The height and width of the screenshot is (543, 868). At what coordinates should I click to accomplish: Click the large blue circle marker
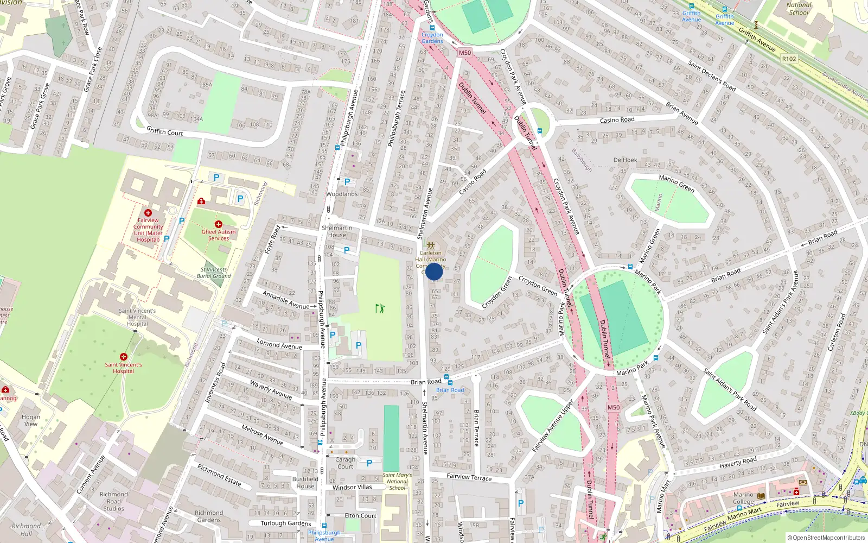point(434,271)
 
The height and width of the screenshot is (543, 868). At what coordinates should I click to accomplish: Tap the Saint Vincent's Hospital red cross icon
point(124,357)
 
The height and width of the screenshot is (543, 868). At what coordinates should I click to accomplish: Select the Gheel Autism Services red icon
point(219,224)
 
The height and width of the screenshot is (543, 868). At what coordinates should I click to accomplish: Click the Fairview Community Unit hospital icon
point(148,213)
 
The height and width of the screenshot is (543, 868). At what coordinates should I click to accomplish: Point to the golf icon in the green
point(380,308)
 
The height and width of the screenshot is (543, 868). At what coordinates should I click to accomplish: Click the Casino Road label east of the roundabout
point(617,120)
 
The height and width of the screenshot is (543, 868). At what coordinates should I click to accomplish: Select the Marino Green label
point(676,184)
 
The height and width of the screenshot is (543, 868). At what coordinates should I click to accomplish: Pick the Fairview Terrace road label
point(469,477)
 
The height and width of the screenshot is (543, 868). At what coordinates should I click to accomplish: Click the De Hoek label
point(625,160)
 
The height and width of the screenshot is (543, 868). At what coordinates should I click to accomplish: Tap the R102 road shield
point(789,59)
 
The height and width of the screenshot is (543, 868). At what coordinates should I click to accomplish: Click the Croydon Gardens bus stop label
point(432,38)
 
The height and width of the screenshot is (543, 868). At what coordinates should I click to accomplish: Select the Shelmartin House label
point(337,231)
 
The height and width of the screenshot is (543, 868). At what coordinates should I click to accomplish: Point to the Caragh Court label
point(345,463)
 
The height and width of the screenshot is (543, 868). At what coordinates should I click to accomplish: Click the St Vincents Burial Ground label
point(214,273)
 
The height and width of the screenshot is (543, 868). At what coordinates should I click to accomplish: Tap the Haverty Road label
point(738,462)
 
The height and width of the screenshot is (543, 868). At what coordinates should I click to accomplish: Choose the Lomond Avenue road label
point(279,345)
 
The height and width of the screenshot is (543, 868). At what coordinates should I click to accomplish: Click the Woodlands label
point(342,194)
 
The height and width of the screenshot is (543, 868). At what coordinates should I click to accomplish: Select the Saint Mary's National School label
point(397,481)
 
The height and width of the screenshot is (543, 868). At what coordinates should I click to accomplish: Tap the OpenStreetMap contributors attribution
point(826,538)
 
